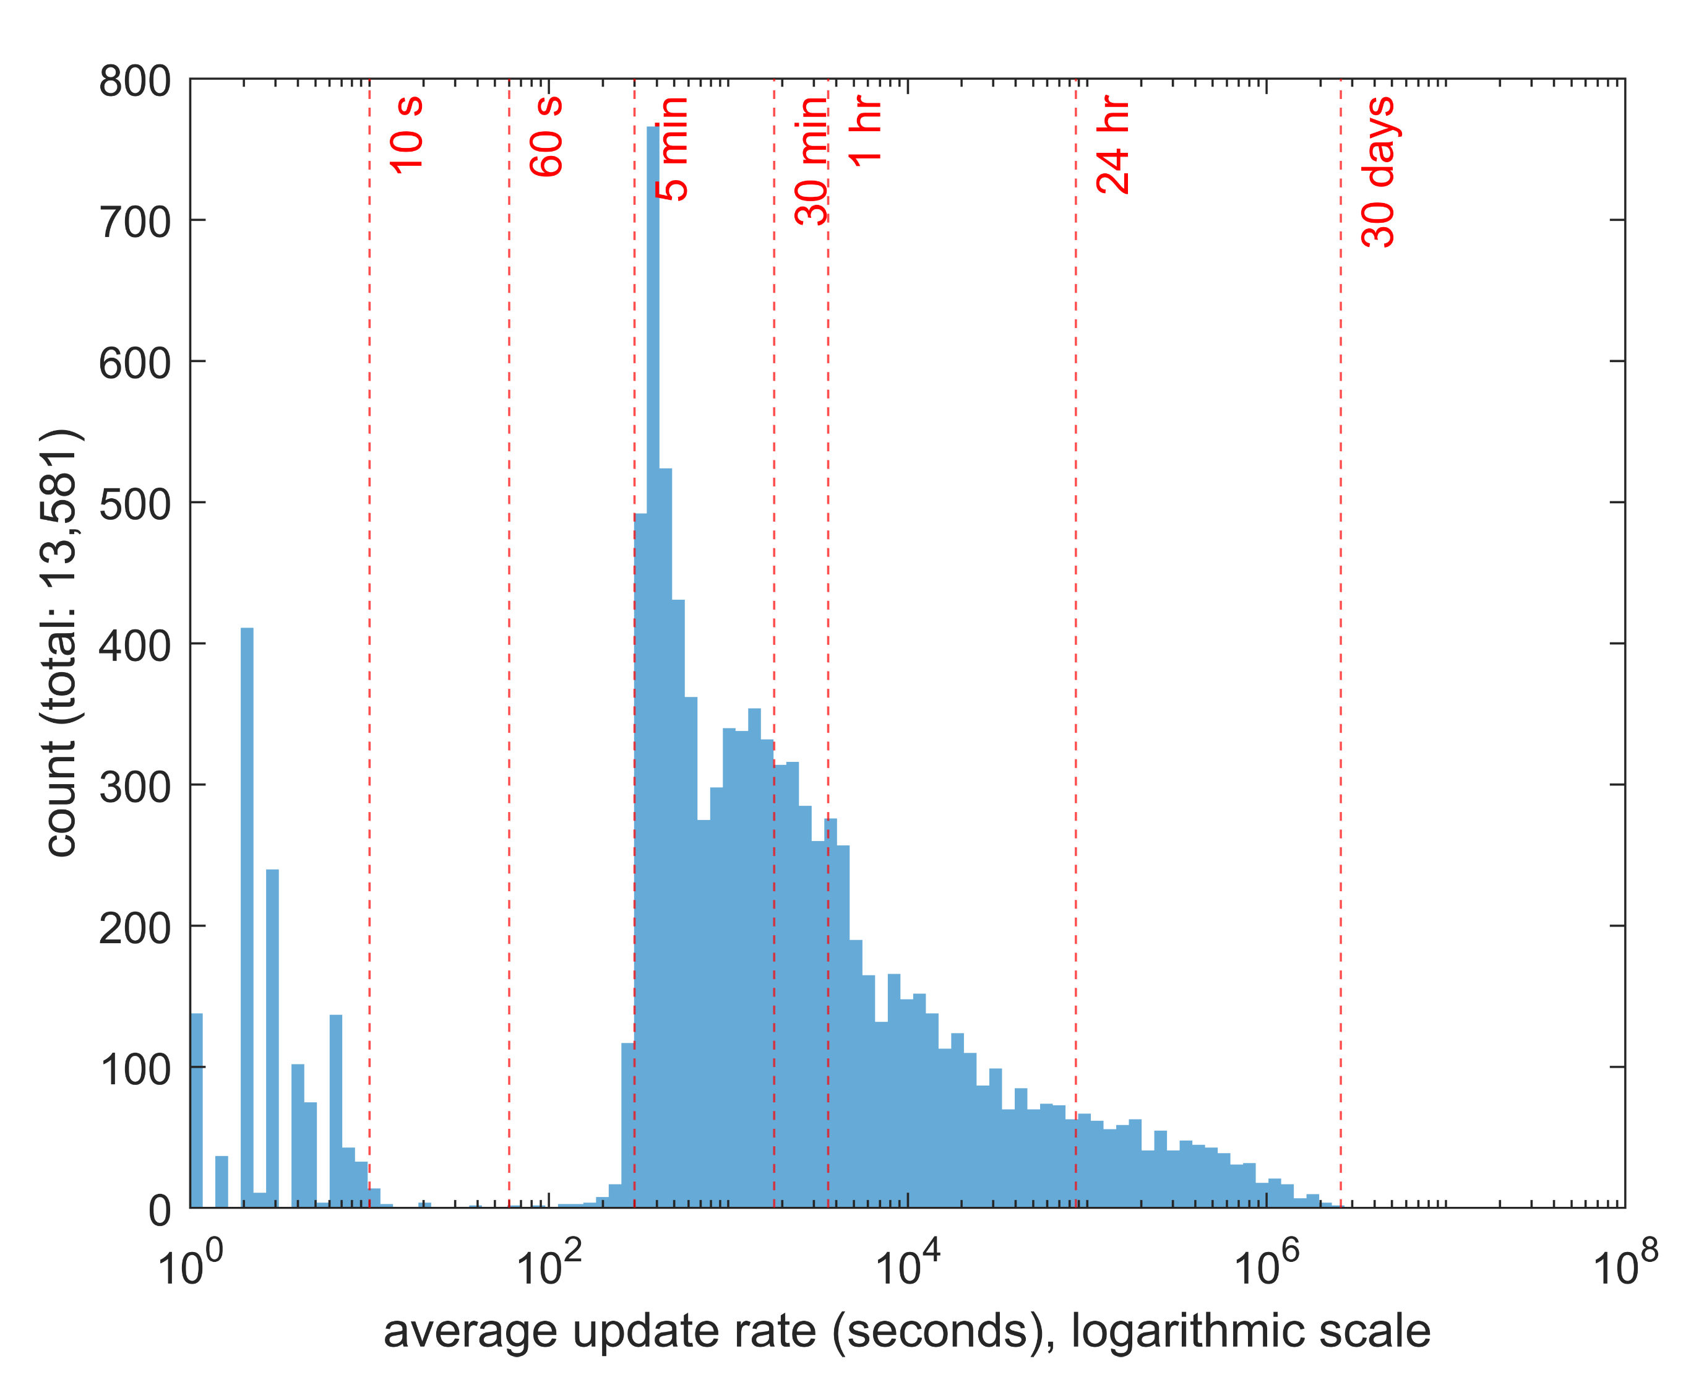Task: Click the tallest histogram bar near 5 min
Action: coord(653,637)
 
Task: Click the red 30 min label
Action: coord(812,161)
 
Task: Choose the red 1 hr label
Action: coord(866,131)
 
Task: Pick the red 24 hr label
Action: coord(1113,145)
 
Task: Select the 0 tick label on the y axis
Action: coord(159,1211)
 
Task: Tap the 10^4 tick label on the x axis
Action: coord(907,1266)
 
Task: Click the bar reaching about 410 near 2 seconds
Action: coord(247,915)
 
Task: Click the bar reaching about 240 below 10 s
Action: coord(272,1035)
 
